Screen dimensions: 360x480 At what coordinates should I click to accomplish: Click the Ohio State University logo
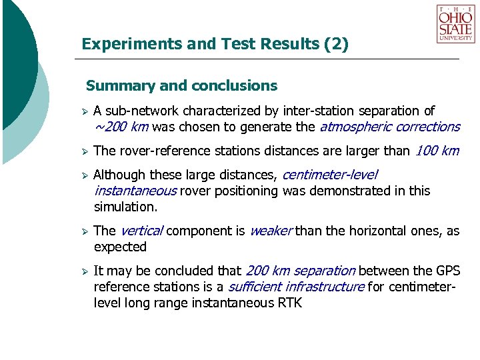click(455, 24)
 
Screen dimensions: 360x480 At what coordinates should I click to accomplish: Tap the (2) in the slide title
click(335, 44)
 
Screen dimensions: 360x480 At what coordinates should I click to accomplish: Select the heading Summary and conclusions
click(181, 86)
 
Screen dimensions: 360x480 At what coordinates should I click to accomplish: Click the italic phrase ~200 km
click(121, 127)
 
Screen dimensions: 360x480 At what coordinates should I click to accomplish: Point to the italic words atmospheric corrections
click(390, 127)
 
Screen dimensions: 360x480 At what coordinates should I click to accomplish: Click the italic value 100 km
click(437, 151)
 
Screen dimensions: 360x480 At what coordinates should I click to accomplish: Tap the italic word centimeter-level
click(330, 175)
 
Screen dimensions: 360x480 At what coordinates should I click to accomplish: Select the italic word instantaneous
click(135, 191)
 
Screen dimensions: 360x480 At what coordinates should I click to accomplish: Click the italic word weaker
click(271, 231)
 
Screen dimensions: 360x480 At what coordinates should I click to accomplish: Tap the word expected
click(120, 247)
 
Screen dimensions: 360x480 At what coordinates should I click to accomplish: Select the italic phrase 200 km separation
click(301, 271)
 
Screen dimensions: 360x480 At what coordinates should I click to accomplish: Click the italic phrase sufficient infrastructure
click(296, 287)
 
